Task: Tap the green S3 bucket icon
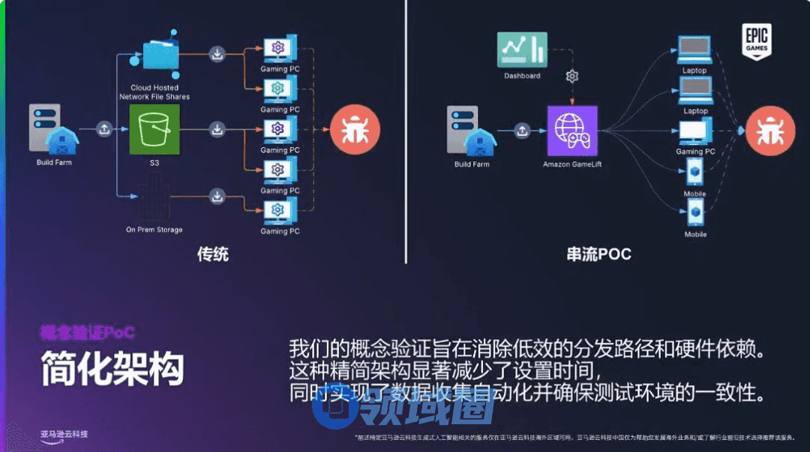point(154,130)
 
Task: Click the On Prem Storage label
point(154,230)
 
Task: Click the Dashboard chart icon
point(522,50)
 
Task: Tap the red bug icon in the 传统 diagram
point(352,131)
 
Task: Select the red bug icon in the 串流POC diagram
point(769,131)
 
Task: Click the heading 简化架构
point(112,369)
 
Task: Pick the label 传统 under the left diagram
point(212,254)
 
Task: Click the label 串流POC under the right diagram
point(598,254)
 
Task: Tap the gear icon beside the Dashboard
point(572,76)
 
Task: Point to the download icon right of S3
point(217,130)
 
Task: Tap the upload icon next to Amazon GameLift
point(522,131)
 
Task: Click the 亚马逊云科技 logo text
point(64,434)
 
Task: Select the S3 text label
point(154,162)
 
